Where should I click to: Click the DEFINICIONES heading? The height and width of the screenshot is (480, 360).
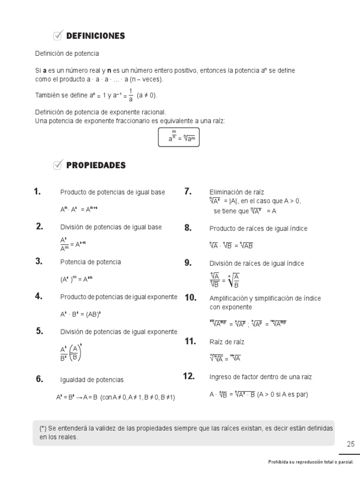[x=96, y=36]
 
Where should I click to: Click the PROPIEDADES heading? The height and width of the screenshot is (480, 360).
[x=96, y=165]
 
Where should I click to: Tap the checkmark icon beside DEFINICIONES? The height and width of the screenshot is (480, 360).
[x=58, y=35]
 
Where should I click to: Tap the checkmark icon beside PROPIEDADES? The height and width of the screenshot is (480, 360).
[x=58, y=164]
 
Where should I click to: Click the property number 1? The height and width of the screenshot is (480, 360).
[x=37, y=191]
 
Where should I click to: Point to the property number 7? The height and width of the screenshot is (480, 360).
[x=188, y=191]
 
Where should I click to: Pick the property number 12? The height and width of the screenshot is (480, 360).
[x=188, y=376]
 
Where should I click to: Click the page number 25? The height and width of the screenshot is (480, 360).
[x=351, y=444]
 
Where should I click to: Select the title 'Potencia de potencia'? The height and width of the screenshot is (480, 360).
[x=90, y=262]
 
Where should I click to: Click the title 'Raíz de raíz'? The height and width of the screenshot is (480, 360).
[x=227, y=342]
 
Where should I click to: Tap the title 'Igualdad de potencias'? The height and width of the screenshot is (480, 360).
[x=92, y=380]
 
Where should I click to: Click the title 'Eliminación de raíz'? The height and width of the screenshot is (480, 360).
[x=237, y=192]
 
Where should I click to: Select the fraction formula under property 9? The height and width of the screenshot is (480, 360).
[x=225, y=280]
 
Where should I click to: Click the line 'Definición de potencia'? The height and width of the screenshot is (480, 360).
[x=67, y=53]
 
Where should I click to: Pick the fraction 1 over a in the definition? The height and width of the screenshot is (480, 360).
[x=131, y=95]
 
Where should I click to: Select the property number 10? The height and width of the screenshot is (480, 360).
[x=190, y=298]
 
